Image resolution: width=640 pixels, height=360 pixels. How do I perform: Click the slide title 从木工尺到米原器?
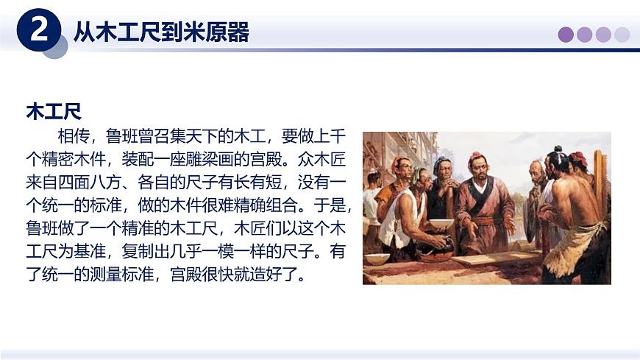(161, 32)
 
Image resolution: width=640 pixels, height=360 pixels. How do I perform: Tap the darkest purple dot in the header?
(566, 35)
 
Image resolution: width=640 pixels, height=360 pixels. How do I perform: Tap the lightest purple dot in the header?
(622, 35)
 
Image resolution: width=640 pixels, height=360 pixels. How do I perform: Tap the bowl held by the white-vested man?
(441, 222)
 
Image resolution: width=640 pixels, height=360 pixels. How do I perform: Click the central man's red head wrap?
(477, 156)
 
